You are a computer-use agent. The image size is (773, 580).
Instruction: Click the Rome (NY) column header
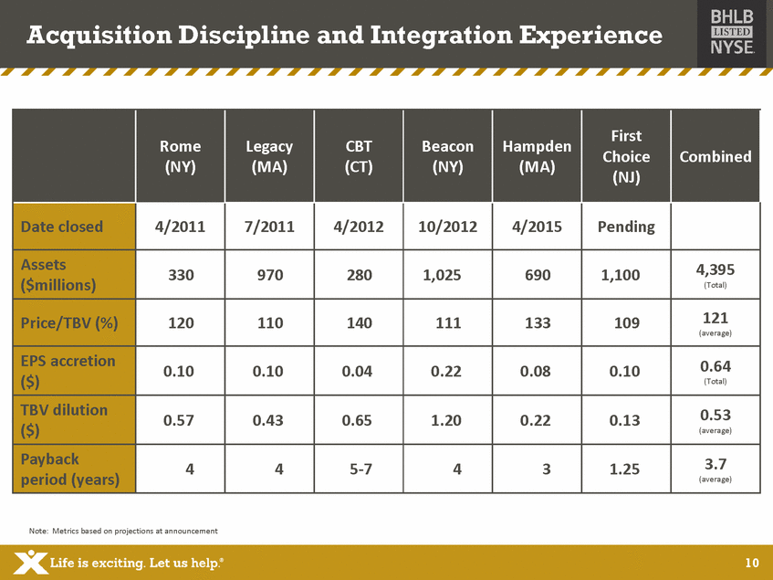pyautogui.click(x=180, y=156)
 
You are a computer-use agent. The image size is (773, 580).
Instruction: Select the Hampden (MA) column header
pyautogui.click(x=537, y=156)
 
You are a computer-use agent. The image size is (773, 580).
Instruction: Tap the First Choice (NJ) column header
pyautogui.click(x=626, y=156)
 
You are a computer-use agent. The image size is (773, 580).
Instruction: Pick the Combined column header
pyautogui.click(x=715, y=156)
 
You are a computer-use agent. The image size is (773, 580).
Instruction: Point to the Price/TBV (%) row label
pyautogui.click(x=72, y=322)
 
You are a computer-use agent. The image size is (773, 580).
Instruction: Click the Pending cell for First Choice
pyautogui.click(x=626, y=227)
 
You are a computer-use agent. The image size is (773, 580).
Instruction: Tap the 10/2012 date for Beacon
pyautogui.click(x=447, y=227)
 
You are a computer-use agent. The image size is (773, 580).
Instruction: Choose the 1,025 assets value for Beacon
pyautogui.click(x=447, y=275)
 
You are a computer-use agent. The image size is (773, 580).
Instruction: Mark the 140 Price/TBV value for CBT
pyautogui.click(x=359, y=322)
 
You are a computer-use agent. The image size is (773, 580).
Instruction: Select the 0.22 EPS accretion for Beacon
pyautogui.click(x=447, y=371)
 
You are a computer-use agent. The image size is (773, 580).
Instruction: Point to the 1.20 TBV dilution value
pyautogui.click(x=447, y=420)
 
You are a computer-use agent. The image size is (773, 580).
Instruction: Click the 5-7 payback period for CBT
pyautogui.click(x=359, y=469)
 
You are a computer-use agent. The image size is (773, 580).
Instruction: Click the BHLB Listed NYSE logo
pyautogui.click(x=732, y=33)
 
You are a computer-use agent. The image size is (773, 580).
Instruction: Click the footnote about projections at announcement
pyautogui.click(x=124, y=531)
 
